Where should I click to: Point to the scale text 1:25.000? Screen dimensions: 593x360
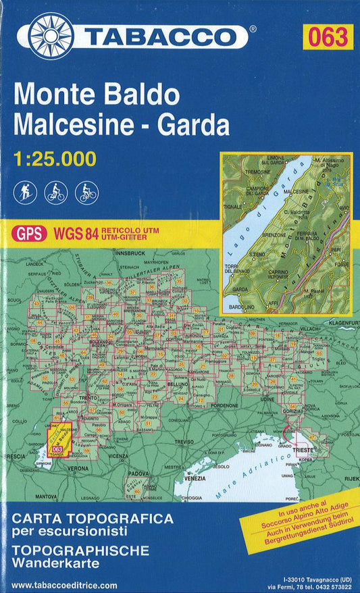pos(55,159)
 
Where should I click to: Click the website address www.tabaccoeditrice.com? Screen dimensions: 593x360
pos(65,586)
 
